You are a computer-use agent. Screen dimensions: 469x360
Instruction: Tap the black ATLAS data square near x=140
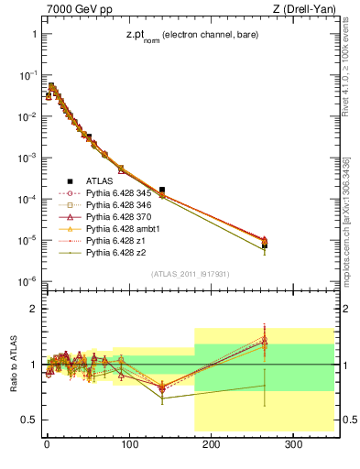tap(162, 190)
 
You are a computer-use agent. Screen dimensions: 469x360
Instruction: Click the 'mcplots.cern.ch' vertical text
tap(351, 220)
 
